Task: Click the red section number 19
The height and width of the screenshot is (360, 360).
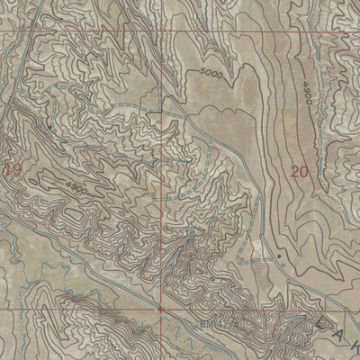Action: [11, 168]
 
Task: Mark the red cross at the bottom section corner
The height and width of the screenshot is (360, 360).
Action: [161, 308]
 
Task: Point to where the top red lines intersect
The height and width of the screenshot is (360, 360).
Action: [161, 32]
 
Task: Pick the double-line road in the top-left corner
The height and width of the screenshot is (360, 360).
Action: [18, 54]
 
